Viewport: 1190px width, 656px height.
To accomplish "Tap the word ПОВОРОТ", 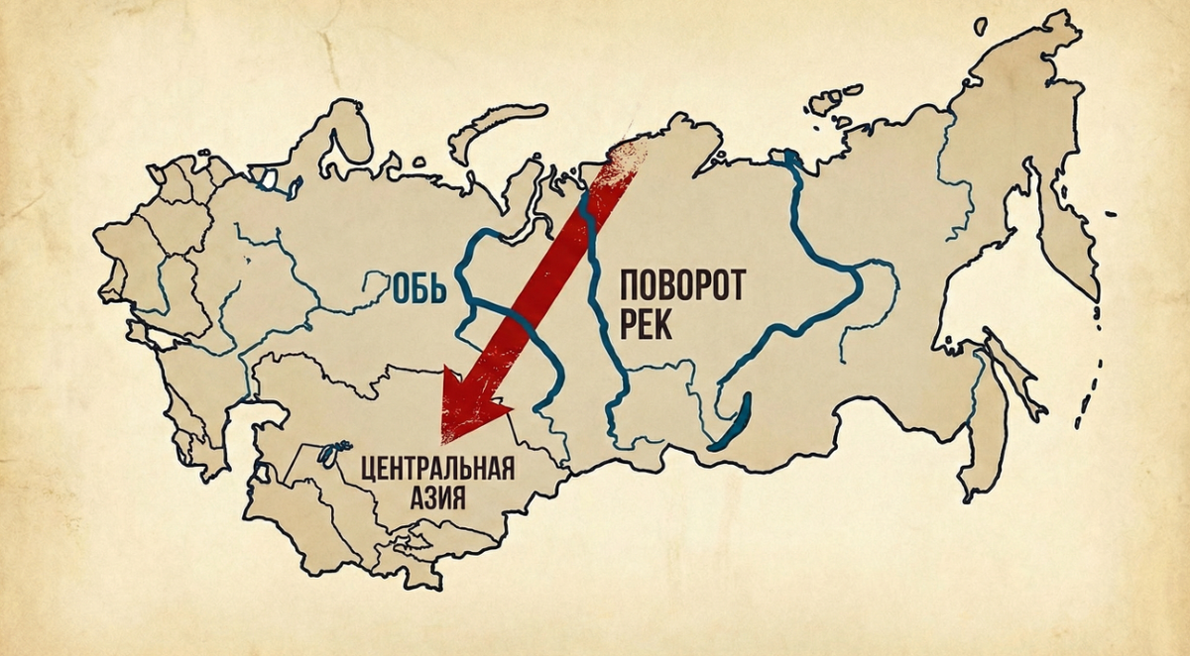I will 681,287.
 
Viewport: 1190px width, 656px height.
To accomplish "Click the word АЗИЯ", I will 436,495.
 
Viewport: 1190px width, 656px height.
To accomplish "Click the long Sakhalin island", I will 982,416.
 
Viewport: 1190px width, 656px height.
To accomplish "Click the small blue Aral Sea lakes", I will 324,453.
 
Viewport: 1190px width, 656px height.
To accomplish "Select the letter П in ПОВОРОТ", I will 632,287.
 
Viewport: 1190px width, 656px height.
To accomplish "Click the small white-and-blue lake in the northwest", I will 266,179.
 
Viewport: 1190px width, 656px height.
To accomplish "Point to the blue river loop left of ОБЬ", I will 374,287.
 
